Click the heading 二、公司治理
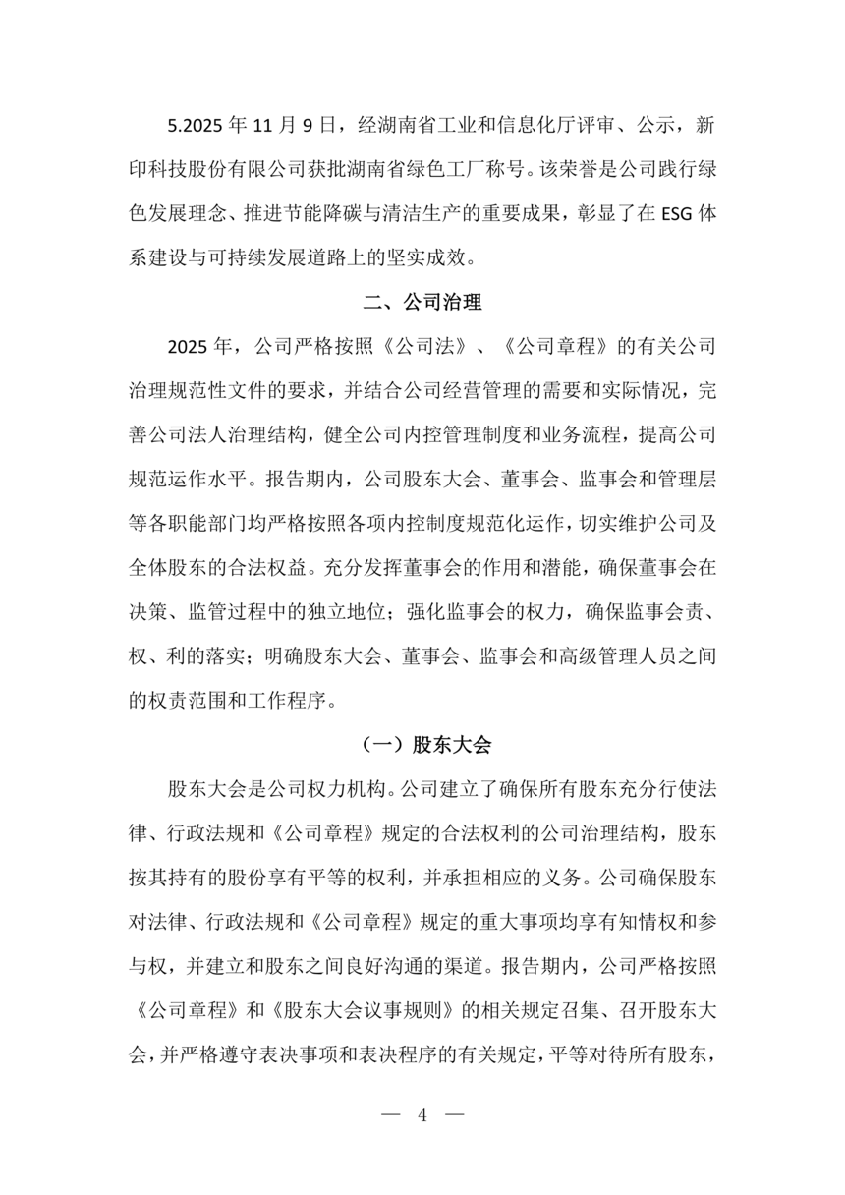click(x=422, y=302)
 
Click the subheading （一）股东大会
click(x=422, y=744)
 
